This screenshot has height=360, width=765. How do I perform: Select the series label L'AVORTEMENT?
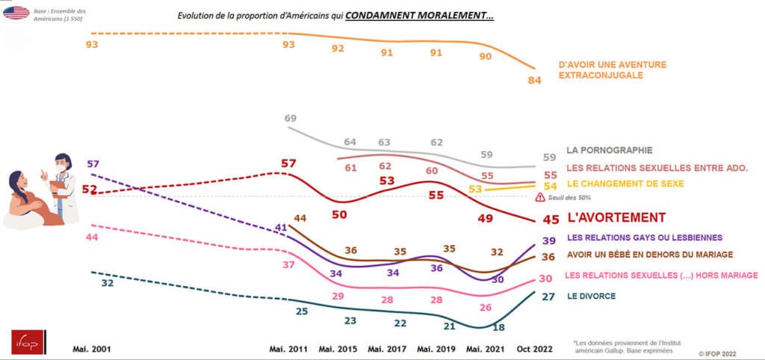point(616,217)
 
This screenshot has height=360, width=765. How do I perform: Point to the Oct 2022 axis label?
point(535,349)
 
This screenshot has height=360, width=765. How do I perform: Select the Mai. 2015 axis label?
point(338,349)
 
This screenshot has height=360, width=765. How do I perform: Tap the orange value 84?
point(534,81)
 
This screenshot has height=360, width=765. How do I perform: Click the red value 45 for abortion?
point(550,219)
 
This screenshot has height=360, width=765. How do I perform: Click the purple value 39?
point(548,240)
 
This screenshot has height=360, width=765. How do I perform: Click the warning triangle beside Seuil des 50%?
point(539,197)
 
